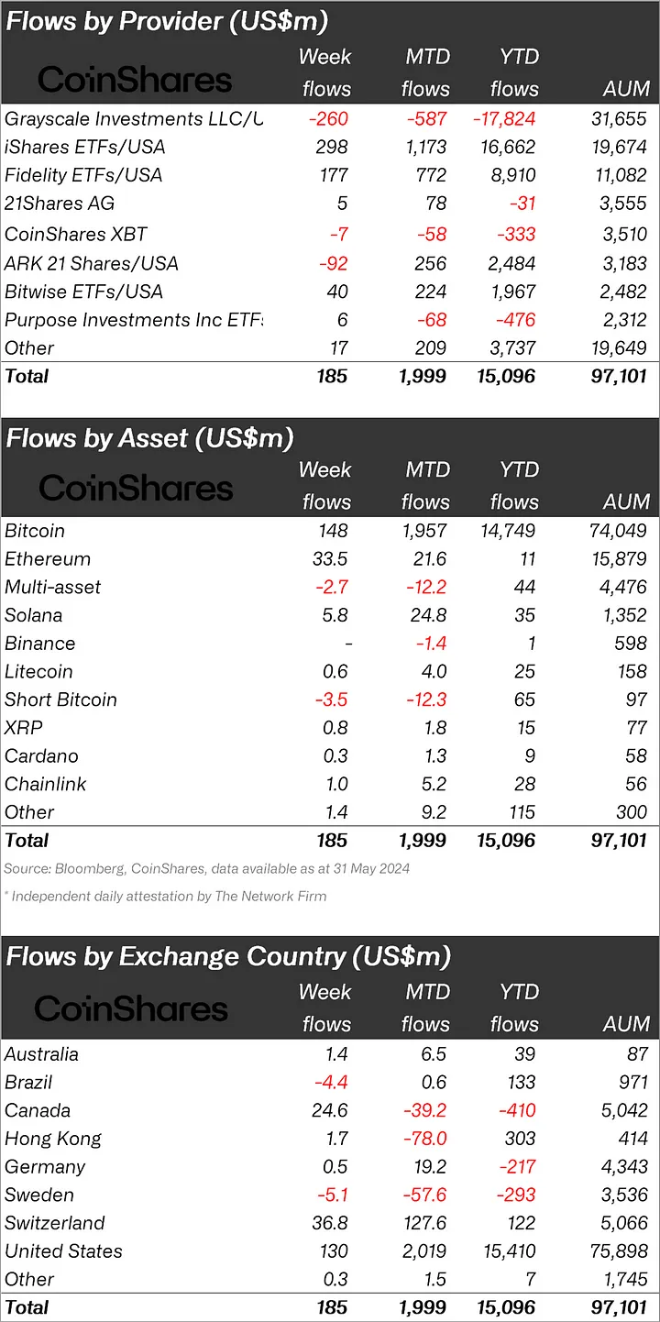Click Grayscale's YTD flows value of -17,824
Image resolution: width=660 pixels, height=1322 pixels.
[503, 119]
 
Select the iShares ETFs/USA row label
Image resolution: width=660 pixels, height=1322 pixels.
[84, 148]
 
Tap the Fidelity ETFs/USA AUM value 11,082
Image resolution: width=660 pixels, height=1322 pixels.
[618, 176]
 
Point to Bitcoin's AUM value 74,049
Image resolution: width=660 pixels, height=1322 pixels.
[618, 531]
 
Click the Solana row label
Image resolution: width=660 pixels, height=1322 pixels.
[34, 616]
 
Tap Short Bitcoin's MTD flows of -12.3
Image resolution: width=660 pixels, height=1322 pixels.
[424, 700]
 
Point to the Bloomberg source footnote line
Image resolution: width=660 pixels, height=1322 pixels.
[206, 868]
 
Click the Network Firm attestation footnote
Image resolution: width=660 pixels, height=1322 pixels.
[165, 896]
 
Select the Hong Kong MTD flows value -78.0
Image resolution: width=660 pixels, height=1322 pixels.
[424, 1139]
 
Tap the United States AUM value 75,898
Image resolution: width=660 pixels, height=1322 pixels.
[618, 1251]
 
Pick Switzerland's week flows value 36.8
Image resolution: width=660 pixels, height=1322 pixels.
[329, 1223]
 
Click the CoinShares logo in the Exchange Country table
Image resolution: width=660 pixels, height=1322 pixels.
[131, 1008]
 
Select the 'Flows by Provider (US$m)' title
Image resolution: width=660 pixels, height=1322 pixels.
[167, 21]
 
